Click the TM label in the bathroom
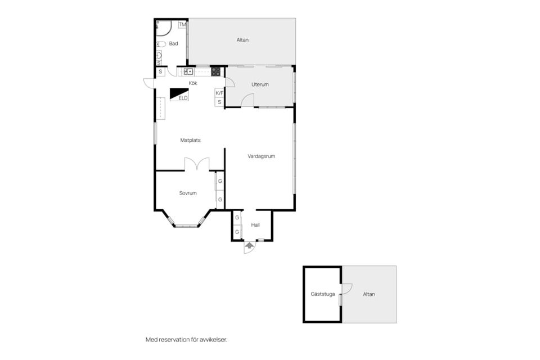182,24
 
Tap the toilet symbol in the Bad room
161,44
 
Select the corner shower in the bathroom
163,29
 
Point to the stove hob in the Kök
215,71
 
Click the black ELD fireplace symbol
179,94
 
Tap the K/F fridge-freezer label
219,93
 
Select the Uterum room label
260,84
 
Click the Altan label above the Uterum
242,40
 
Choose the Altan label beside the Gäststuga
369,294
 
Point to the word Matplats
191,140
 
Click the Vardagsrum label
262,156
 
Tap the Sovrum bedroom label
188,193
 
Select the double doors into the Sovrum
197,164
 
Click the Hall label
255,225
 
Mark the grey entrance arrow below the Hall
249,245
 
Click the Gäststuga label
323,294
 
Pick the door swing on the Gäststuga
346,289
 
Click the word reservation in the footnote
173,340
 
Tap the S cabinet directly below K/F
219,102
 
